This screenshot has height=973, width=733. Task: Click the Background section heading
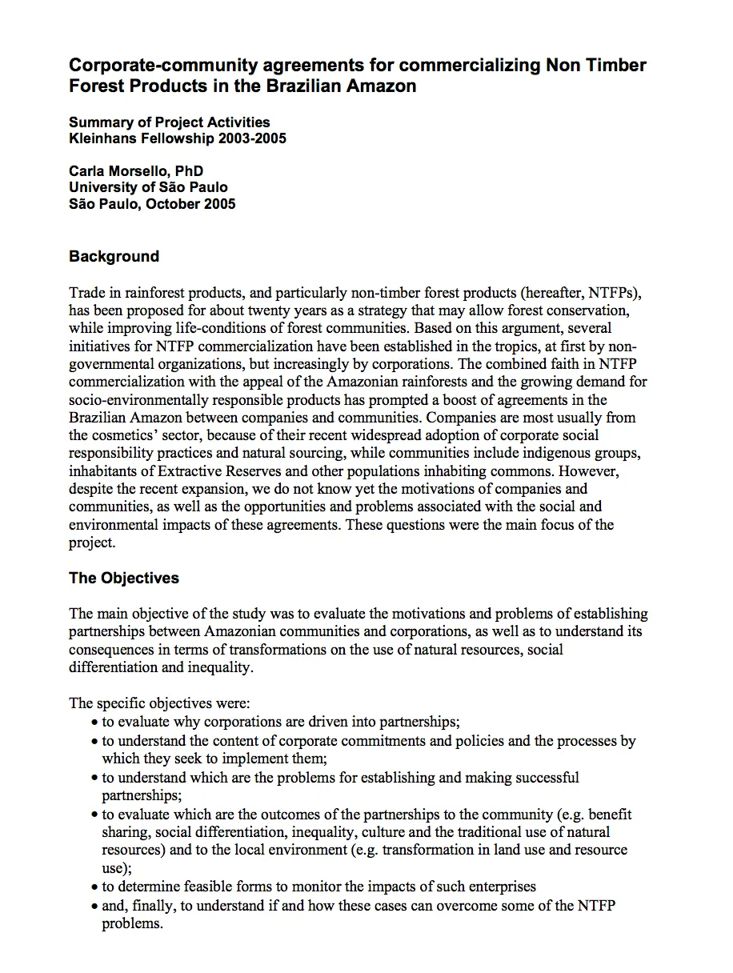114,257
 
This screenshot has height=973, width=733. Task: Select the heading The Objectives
124,578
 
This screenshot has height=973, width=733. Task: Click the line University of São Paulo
148,187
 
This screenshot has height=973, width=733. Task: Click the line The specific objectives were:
160,703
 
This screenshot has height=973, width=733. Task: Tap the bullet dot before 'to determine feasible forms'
95,887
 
